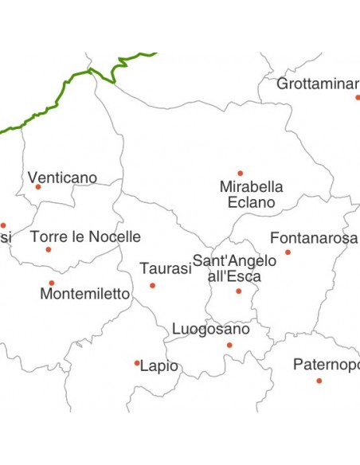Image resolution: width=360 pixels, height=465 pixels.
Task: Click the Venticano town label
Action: tap(62, 178)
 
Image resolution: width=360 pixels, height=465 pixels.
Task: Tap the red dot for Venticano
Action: tap(38, 187)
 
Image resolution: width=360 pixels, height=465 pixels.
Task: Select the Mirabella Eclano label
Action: tap(251, 194)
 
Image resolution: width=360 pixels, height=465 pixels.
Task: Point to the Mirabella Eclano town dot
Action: tap(240, 173)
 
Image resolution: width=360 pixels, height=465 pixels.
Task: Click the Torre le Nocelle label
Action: tap(85, 236)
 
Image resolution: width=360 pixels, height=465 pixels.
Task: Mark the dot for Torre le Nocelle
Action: tap(49, 249)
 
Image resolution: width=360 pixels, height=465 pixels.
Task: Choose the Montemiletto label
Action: tap(84, 294)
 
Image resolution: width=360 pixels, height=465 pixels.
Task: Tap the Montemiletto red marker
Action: tap(52, 283)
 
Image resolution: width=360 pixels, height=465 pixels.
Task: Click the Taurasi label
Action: tap(166, 269)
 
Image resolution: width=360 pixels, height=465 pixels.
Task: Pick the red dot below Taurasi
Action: tap(152, 285)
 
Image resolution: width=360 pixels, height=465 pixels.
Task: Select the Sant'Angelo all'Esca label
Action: tap(235, 268)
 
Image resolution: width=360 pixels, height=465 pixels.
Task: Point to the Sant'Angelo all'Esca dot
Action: tap(238, 291)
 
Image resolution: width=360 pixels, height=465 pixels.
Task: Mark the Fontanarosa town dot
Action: tap(288, 252)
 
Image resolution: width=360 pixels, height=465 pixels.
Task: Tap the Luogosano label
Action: tap(211, 329)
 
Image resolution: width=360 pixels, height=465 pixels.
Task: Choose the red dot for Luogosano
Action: tap(229, 345)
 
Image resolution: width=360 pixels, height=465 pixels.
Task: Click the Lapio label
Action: tap(158, 367)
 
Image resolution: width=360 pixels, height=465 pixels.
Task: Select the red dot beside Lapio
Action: tap(137, 363)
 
